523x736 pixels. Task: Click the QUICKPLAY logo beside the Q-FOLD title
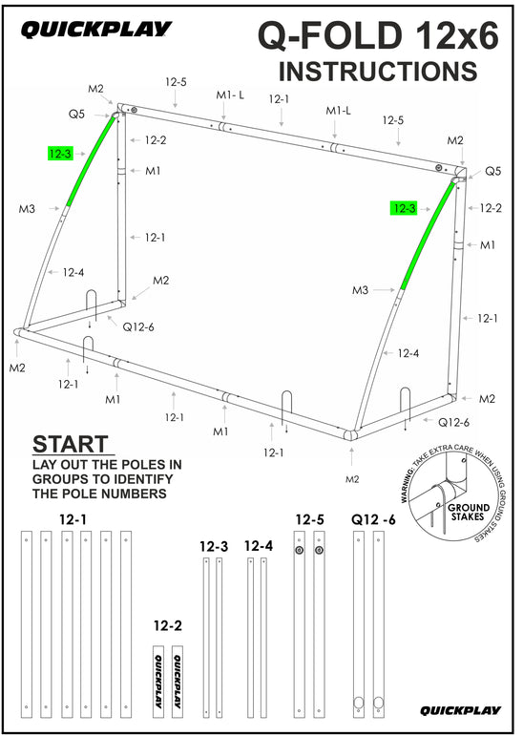point(95,31)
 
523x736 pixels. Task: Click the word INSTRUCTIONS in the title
point(378,71)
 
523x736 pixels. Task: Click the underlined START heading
point(71,445)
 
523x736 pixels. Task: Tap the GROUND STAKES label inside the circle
point(469,512)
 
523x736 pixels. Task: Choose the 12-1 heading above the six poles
point(72,519)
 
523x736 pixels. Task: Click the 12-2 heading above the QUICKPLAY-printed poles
point(168,626)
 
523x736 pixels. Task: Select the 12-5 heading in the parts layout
point(309,519)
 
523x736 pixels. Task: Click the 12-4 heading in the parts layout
point(259,546)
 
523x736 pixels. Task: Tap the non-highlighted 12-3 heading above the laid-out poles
point(214,546)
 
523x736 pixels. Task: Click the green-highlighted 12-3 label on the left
point(59,153)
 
